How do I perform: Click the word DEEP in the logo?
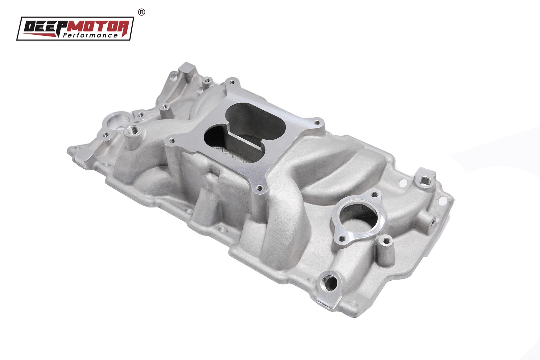pos(43,26)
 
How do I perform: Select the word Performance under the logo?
pos(90,35)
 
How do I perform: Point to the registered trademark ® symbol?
pos(142,12)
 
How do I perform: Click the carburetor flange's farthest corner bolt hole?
pos(231,81)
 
